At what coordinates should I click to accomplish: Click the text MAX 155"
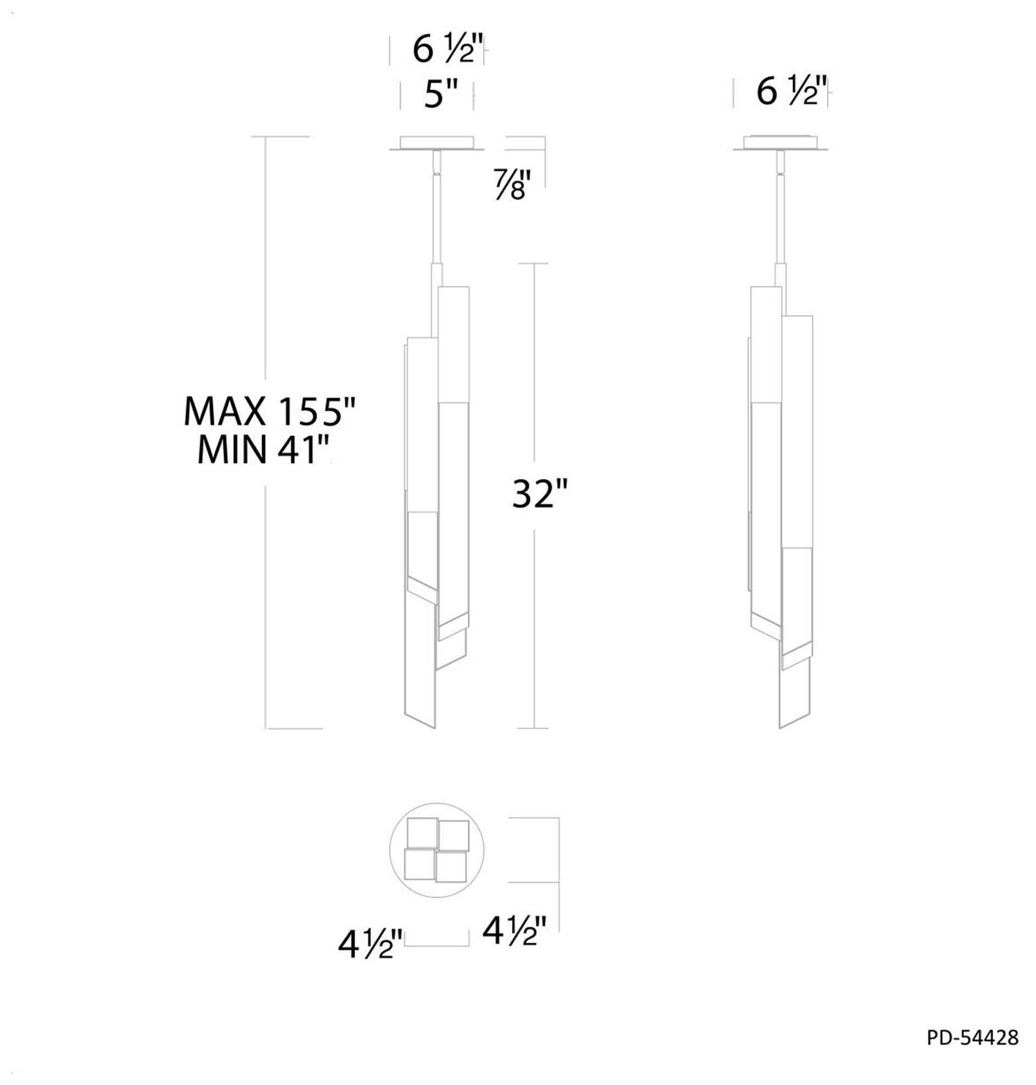[270, 412]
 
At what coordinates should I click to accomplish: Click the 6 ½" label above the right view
[791, 91]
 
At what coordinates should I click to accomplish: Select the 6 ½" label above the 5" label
[447, 49]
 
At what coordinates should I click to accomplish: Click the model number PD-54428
[972, 1038]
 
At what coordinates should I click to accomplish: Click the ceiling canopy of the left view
[437, 143]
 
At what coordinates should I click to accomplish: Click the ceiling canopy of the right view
[780, 143]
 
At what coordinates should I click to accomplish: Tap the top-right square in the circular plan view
[454, 835]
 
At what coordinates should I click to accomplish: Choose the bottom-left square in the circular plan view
[419, 864]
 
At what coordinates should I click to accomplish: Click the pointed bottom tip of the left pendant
[434, 727]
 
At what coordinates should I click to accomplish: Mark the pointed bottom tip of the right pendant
[780, 727]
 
